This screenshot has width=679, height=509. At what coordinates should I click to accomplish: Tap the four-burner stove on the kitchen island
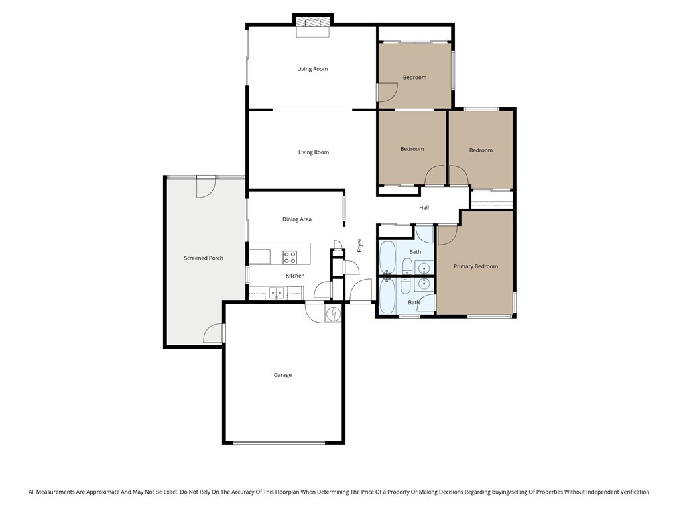coord(290,256)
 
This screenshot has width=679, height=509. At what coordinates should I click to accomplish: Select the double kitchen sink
coord(277,292)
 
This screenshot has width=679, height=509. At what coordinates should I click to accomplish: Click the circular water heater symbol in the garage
coord(334,313)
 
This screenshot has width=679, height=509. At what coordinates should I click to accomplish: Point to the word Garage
coord(282,375)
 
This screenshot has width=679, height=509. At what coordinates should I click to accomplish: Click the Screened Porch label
coord(204,258)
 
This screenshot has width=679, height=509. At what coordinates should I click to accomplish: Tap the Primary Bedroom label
coord(475,266)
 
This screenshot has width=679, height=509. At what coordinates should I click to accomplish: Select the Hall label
coord(424,208)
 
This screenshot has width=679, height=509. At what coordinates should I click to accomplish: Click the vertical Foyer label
coord(360,245)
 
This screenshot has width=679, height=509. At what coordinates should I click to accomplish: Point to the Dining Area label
coord(296,219)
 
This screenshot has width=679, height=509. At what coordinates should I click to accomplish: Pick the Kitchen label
coord(295,276)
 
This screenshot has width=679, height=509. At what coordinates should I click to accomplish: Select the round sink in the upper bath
coord(424,268)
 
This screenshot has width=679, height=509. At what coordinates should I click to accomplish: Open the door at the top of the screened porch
coord(205,187)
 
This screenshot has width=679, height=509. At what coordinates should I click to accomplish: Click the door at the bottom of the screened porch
coord(214,333)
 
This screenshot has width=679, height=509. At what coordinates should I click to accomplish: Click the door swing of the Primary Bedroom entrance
coord(447,234)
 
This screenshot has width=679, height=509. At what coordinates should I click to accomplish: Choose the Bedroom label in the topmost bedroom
coord(414,78)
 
